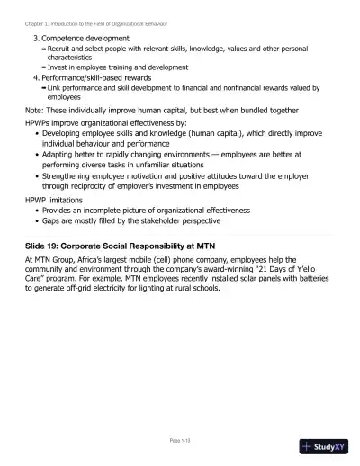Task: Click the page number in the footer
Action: point(180,441)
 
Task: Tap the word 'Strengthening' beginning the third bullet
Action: point(71,177)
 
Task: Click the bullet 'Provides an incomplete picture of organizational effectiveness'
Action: point(153,211)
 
